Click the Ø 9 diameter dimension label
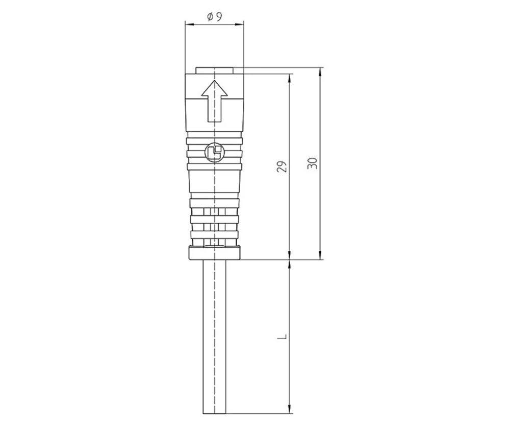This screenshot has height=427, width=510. pyautogui.click(x=214, y=17)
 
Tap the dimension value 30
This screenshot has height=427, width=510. pyautogui.click(x=312, y=163)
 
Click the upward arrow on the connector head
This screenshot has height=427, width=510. pyautogui.click(x=214, y=101)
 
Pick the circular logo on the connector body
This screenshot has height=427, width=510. pyautogui.click(x=214, y=152)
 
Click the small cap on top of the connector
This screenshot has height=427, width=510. pyautogui.click(x=214, y=70)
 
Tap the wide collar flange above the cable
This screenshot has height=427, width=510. pyautogui.click(x=214, y=252)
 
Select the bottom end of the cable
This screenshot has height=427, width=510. pyautogui.click(x=214, y=411)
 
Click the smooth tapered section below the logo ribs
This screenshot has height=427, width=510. pyautogui.click(x=214, y=181)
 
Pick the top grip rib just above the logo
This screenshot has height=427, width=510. pyautogui.click(x=214, y=139)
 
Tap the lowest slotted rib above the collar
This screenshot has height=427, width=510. pyautogui.click(x=214, y=235)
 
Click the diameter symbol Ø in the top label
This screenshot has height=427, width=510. pyautogui.click(x=210, y=17)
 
